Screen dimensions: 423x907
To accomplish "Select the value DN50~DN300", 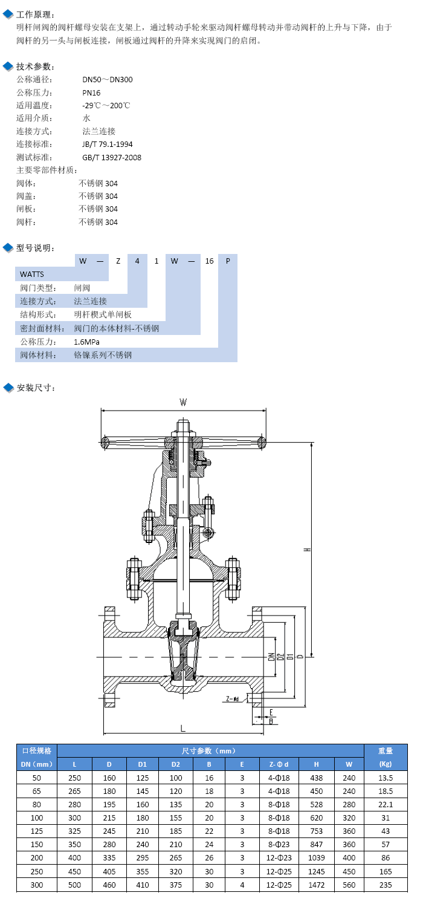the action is click(x=108, y=79).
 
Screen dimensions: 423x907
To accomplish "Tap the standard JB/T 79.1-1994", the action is click(x=108, y=144).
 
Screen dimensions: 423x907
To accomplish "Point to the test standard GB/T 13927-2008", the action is click(x=112, y=157).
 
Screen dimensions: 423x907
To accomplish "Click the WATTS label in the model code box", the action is click(x=32, y=274).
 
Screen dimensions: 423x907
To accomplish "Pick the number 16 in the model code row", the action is click(x=209, y=261).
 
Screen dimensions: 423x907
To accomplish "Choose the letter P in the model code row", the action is click(x=228, y=261).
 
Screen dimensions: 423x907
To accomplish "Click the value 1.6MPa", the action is click(x=86, y=342).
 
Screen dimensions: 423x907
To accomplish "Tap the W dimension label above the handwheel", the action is click(x=183, y=402).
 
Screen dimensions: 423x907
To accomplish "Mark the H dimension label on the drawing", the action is click(x=308, y=550).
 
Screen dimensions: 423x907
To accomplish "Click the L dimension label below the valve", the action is click(x=183, y=729).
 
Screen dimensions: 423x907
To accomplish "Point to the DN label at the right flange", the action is click(x=271, y=657).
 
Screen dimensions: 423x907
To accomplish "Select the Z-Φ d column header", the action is click(x=279, y=764).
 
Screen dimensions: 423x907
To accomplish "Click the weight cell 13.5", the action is click(x=386, y=778).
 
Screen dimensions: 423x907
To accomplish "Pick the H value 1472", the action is click(x=316, y=885).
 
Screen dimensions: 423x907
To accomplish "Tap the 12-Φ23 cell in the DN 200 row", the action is click(x=279, y=857).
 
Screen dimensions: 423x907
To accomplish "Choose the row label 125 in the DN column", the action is click(x=36, y=831).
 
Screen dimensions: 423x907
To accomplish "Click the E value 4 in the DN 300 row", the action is click(x=242, y=885).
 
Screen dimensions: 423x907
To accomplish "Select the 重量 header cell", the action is click(x=386, y=751).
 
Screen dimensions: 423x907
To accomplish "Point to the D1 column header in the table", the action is click(x=142, y=764).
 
